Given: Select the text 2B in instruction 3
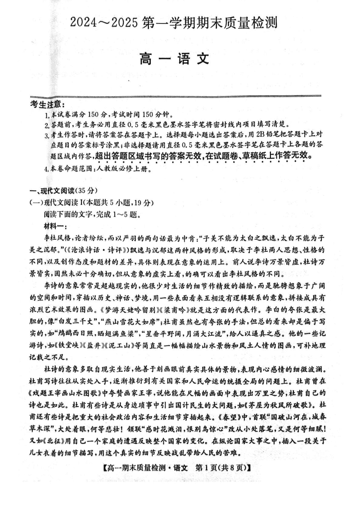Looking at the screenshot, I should (x=266, y=134).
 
